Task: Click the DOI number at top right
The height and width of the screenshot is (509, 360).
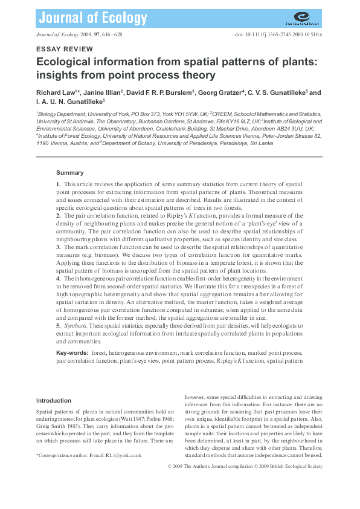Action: (x=278, y=35)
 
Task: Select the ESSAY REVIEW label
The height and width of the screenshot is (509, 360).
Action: (x=65, y=49)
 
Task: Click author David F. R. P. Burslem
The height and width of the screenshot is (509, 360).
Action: (x=160, y=93)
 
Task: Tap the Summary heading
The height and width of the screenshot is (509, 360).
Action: (x=69, y=173)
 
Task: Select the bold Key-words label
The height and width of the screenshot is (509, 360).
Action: (x=72, y=352)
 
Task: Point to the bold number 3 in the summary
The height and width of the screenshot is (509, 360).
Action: (x=58, y=247)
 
